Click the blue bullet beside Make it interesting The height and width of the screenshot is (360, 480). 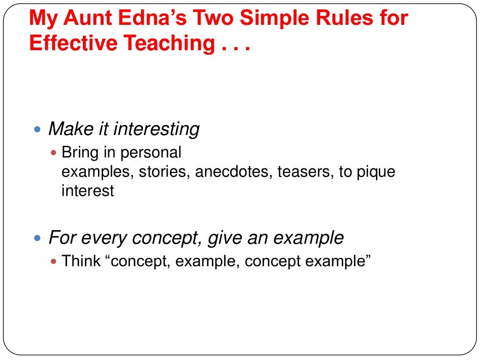(x=38, y=128)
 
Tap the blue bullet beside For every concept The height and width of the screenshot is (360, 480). (x=38, y=238)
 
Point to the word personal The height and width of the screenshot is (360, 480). (x=151, y=153)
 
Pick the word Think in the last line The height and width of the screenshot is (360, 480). (x=81, y=261)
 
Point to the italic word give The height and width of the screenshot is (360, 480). (x=223, y=239)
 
